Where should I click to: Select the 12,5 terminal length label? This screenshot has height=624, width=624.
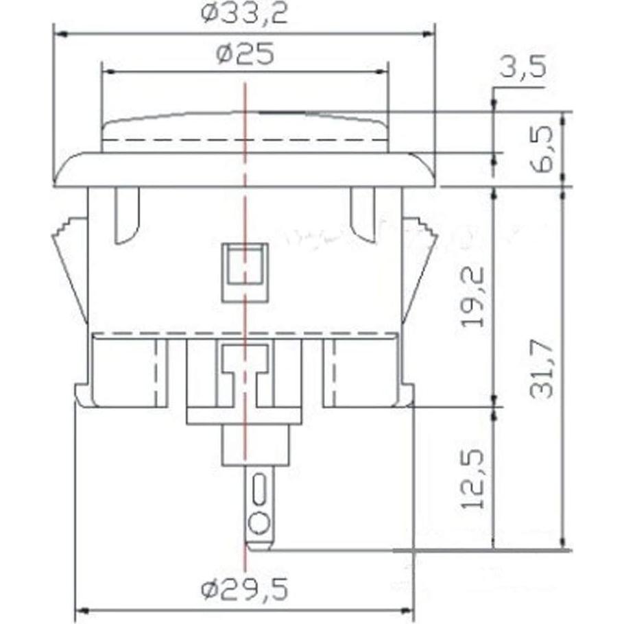pyautogui.click(x=472, y=479)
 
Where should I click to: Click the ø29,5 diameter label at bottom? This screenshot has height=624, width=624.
pyautogui.click(x=244, y=588)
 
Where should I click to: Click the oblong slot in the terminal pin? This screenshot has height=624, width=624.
pyautogui.click(x=259, y=490)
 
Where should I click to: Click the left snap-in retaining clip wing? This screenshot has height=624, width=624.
pyautogui.click(x=70, y=267)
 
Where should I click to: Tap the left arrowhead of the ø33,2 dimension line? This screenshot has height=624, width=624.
pyautogui.click(x=60, y=33)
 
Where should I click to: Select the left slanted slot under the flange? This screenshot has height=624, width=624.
pyautogui.click(x=128, y=214)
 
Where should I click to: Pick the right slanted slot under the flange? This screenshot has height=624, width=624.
pyautogui.click(x=362, y=214)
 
